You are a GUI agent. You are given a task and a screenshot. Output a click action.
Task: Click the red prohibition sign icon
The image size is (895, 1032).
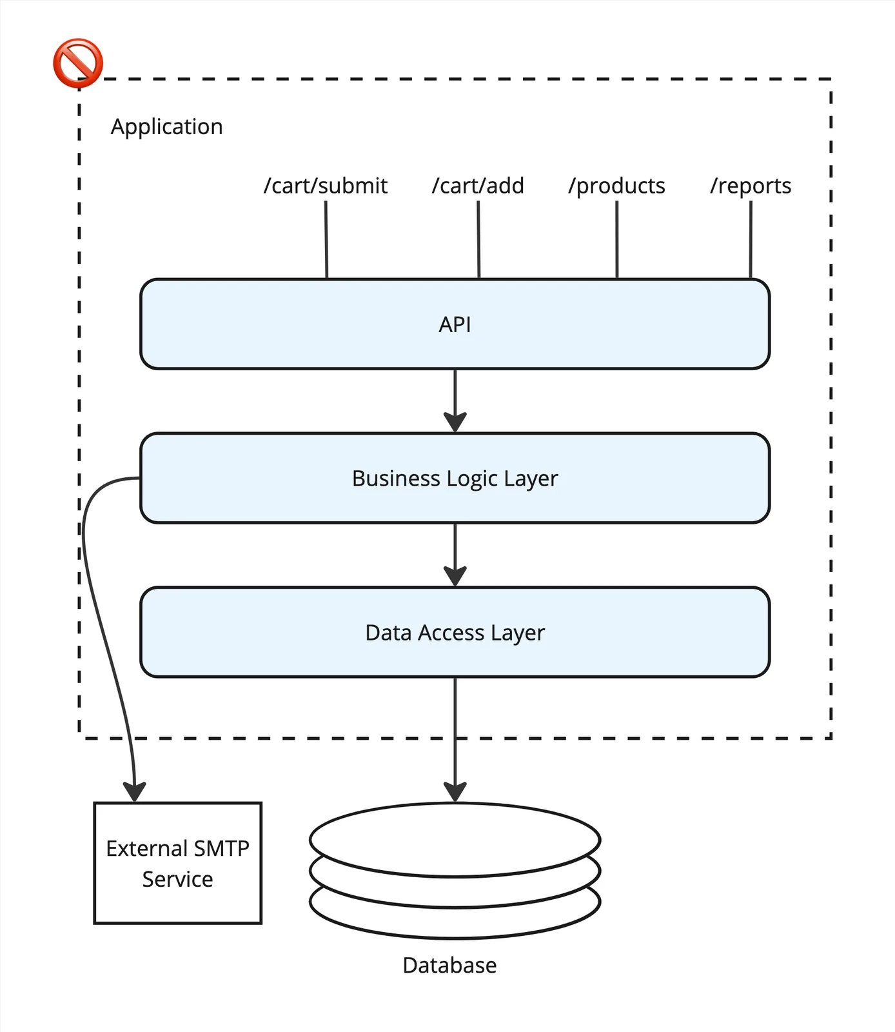coord(77,63)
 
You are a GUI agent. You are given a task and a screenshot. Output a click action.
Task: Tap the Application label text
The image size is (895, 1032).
coord(166,126)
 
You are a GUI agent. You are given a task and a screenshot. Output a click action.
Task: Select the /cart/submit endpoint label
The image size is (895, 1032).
coord(326,186)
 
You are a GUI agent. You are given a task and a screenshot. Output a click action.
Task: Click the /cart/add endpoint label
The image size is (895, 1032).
coord(478,186)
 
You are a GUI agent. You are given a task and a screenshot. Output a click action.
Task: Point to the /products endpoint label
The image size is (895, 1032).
coord(616,186)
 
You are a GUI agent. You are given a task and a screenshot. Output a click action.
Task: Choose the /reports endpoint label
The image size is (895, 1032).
coord(751,186)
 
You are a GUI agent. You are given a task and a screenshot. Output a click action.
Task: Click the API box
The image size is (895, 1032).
coord(455,324)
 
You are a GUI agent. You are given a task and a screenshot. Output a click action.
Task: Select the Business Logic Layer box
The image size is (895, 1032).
coord(455,478)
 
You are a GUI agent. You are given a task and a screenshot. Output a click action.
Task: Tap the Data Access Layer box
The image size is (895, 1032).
coord(455,632)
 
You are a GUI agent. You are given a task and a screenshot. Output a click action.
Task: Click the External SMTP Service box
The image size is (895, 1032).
coord(177,863)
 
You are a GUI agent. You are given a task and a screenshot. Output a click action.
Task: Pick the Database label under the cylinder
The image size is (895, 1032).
coord(449,965)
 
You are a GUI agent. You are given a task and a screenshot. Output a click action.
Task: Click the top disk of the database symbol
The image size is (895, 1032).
coord(455,838)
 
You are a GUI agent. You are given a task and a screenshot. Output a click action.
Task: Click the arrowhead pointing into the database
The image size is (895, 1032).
coord(455,792)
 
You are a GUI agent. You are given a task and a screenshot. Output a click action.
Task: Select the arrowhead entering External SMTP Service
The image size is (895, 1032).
coord(135,792)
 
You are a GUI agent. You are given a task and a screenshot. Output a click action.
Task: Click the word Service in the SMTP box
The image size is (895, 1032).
coord(177,879)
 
